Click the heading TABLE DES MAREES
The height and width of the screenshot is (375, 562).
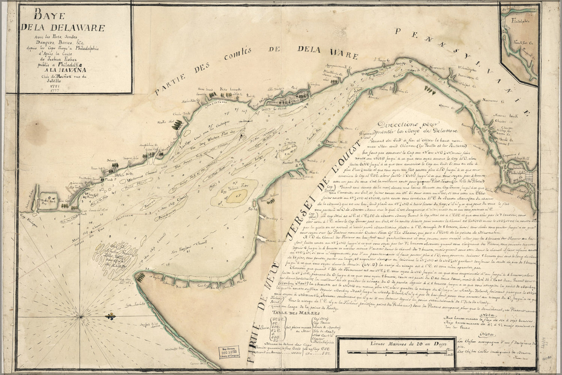(296, 312)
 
